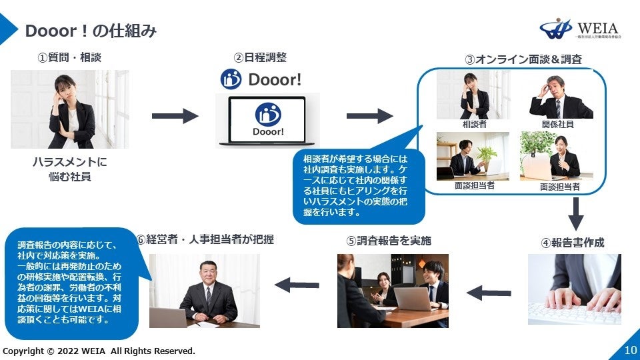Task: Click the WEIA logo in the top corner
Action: point(579,29)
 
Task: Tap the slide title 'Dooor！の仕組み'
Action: point(91,31)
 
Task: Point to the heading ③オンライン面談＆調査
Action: point(523,59)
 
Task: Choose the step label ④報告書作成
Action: point(572,243)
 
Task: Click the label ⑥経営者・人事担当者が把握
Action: point(205,239)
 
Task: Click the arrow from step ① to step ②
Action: point(175,116)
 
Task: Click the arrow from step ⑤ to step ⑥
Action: point(297,285)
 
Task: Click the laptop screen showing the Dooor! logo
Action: point(267,119)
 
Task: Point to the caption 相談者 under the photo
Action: point(475,125)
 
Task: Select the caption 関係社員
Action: point(557,125)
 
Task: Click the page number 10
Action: point(631,350)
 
